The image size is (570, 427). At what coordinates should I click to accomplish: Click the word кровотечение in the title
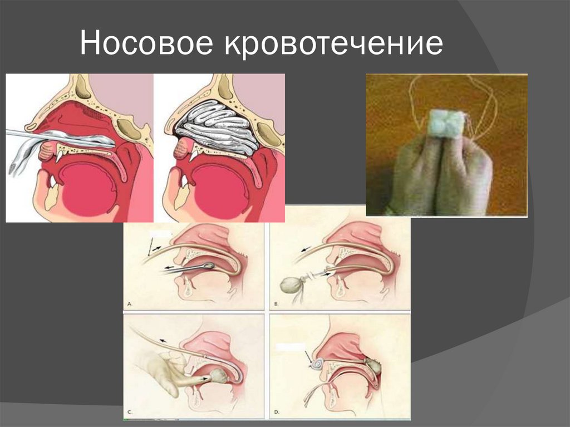333,44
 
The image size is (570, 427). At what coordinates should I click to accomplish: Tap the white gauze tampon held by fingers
445,123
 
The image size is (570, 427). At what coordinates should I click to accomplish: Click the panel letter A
130,305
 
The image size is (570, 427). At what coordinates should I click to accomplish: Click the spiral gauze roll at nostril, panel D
317,365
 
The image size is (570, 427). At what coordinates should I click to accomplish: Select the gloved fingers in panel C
159,370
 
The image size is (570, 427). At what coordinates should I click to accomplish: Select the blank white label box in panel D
291,346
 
